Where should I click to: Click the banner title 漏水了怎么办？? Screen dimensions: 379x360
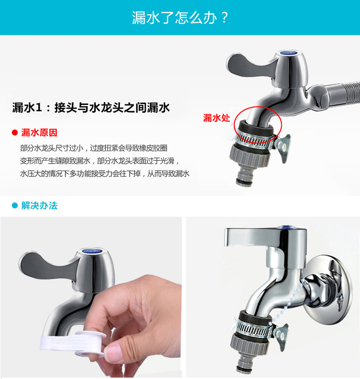(x=180, y=18)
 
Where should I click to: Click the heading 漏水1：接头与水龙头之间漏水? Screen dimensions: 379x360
(x=91, y=108)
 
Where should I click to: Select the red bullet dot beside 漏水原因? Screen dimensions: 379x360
(x=15, y=133)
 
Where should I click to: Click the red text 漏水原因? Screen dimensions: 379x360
(x=40, y=133)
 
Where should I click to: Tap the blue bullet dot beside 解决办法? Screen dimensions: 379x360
(x=15, y=206)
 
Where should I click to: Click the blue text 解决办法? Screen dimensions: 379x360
(x=40, y=206)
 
